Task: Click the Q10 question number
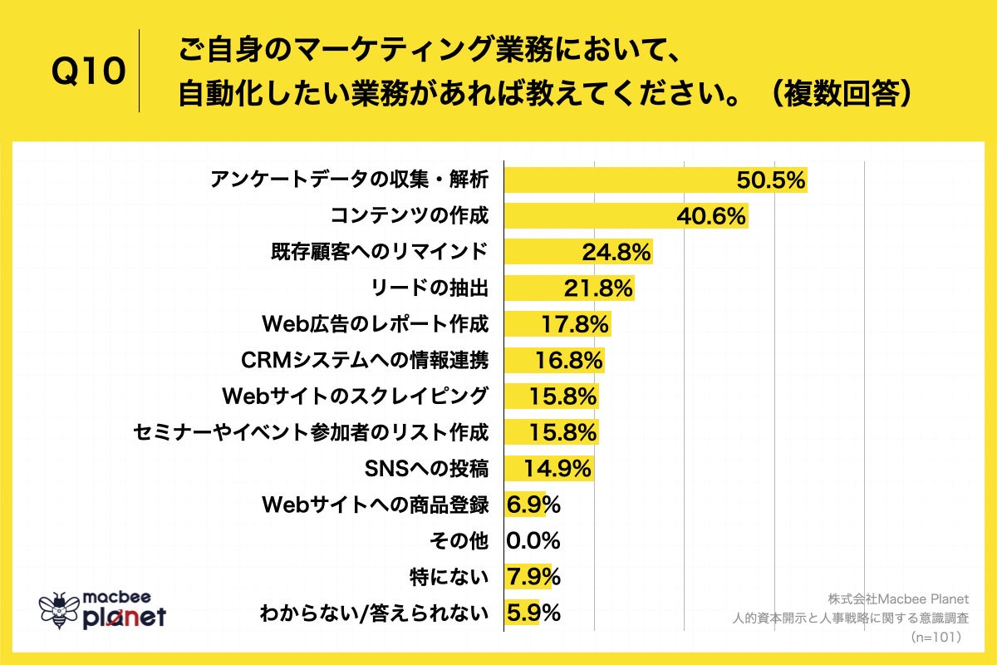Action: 88,71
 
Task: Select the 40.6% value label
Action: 710,216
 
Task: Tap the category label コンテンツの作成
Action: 409,216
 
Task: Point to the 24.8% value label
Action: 616,252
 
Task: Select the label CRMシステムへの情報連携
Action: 364,360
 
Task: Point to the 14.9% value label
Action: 557,469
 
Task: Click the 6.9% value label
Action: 533,504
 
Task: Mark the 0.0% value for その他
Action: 533,540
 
